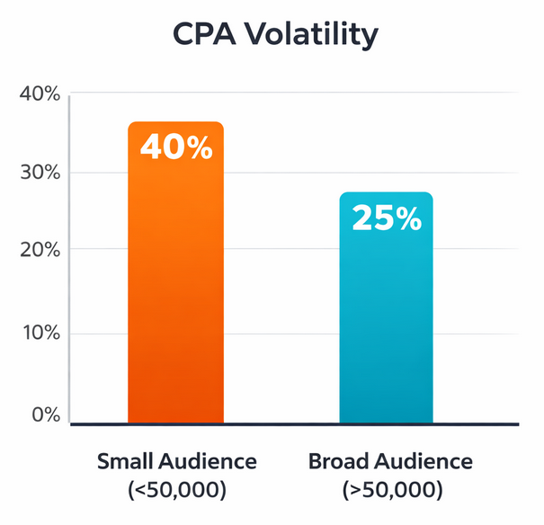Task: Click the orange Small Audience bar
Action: click(x=174, y=297)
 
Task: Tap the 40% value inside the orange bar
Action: click(x=175, y=147)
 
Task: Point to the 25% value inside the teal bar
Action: click(x=387, y=218)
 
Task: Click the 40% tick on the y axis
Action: click(x=39, y=93)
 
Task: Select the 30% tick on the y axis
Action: click(x=39, y=172)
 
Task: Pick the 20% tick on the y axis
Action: click(x=39, y=249)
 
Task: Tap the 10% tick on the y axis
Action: click(x=39, y=334)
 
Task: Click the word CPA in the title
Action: click(x=205, y=35)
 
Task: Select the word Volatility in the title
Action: click(x=311, y=35)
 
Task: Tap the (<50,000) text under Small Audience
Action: click(x=177, y=491)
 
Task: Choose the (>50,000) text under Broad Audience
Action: click(x=391, y=491)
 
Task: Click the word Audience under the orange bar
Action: click(x=215, y=462)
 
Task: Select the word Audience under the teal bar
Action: click(x=426, y=462)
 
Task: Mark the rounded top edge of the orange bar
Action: click(x=174, y=123)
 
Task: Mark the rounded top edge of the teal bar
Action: click(x=386, y=193)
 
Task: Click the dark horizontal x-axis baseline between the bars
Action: click(x=281, y=423)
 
